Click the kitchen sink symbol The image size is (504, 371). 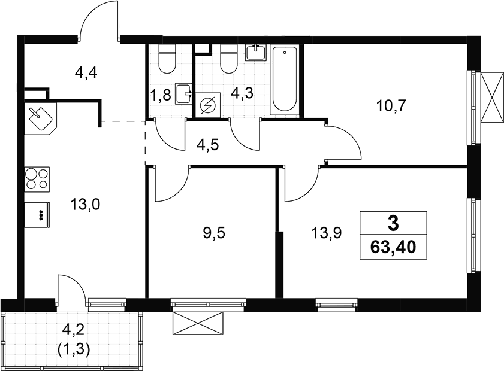tap(41, 118)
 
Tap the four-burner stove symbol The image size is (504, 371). tap(37, 180)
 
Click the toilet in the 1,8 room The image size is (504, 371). tap(167, 59)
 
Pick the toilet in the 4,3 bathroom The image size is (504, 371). tap(229, 58)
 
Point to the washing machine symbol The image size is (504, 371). tap(208, 105)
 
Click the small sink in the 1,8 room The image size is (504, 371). tap(184, 94)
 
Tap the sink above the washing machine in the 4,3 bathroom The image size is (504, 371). tap(256, 53)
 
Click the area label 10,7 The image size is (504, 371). tap(391, 105)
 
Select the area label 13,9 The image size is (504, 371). tap(326, 233)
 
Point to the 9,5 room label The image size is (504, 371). tap(214, 233)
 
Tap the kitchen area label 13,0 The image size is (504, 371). tap(85, 204)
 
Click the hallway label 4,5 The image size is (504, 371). tap(207, 145)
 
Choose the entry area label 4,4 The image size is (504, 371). tap(86, 73)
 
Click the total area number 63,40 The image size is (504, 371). tap(393, 248)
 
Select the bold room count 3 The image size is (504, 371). tap(393, 224)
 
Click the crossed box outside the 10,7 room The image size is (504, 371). tap(492, 96)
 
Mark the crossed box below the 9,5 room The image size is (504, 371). tap(198, 323)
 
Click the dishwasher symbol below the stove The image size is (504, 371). tap(37, 215)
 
